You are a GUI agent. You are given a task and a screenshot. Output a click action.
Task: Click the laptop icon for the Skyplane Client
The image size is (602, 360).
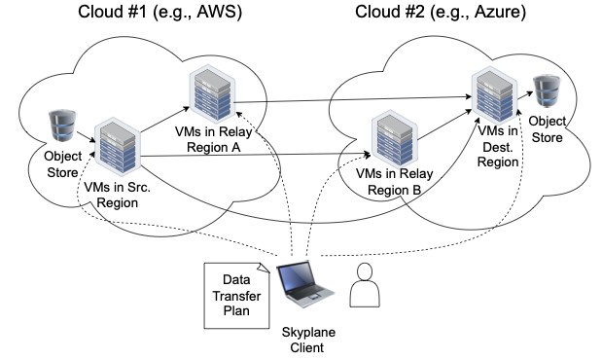(304, 283)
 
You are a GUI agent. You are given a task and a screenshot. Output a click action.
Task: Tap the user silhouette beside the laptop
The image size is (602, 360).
(365, 285)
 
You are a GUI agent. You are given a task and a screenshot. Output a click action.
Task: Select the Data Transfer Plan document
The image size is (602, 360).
(236, 296)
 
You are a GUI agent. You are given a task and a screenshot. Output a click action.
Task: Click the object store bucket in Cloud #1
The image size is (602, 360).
(62, 126)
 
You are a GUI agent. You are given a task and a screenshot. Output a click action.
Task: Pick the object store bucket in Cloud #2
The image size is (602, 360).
(547, 91)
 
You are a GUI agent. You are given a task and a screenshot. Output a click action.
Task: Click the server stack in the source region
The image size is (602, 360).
(118, 146)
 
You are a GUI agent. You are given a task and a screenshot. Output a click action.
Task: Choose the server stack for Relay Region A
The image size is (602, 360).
(212, 93)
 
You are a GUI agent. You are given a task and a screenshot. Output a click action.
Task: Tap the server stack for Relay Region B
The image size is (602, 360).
(395, 139)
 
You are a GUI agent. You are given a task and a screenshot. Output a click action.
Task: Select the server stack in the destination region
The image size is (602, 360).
(494, 95)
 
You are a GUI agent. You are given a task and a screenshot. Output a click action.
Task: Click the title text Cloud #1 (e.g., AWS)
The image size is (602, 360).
(160, 12)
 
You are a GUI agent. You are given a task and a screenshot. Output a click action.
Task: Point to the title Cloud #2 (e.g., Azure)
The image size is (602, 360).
(441, 12)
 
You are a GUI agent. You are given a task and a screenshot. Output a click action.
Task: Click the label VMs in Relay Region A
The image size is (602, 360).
(213, 139)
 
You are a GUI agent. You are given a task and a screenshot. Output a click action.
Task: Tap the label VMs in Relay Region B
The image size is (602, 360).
(394, 181)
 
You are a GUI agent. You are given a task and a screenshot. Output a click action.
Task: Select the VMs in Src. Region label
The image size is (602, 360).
(117, 195)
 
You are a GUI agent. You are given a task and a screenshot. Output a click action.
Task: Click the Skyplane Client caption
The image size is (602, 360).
(308, 340)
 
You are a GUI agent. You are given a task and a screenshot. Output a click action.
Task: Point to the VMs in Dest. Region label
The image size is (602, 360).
(498, 146)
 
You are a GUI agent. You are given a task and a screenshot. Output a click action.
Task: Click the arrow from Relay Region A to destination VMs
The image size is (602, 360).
(353, 99)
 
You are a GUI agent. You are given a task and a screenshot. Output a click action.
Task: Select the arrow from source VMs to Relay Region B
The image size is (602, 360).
(256, 156)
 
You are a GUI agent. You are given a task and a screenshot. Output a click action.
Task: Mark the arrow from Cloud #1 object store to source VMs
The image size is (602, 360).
(86, 137)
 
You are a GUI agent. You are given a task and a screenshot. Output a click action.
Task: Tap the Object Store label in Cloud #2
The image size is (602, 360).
(548, 129)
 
